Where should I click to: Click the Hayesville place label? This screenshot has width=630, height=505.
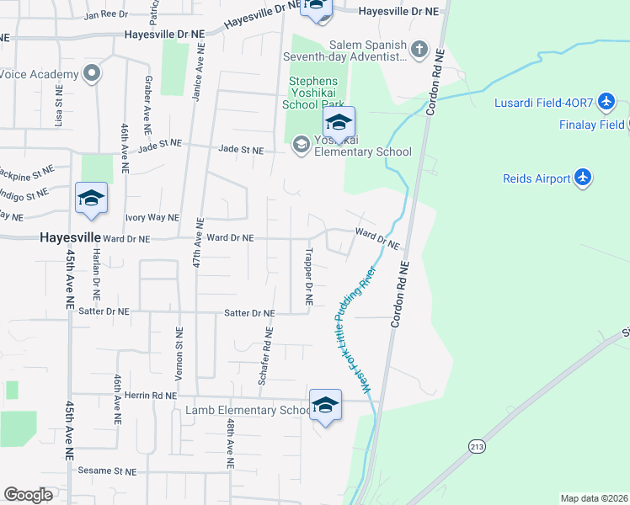click(71, 238)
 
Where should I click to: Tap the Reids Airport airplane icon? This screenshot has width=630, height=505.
click(582, 178)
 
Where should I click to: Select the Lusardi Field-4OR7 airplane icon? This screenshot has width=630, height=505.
click(609, 103)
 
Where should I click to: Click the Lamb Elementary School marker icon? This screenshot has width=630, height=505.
click(324, 405)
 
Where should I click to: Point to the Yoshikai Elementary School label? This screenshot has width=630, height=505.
click(362, 146)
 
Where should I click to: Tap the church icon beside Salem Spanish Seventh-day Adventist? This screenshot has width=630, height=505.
click(419, 50)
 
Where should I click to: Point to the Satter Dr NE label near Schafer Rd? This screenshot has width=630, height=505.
click(249, 313)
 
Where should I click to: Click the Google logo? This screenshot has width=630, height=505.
click(29, 495)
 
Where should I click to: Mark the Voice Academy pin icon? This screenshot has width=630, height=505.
click(92, 74)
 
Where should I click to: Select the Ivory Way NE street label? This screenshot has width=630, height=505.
click(152, 217)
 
